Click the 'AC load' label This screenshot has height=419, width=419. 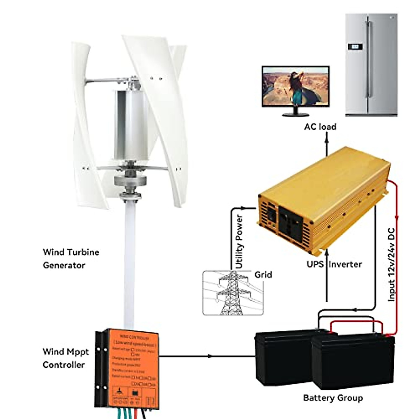(320, 126)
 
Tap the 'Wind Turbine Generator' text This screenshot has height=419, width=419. (71, 258)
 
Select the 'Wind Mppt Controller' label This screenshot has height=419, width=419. (66, 358)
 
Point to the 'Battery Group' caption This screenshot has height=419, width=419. (333, 398)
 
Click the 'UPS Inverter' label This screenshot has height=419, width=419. (334, 264)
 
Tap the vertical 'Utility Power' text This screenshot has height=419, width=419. (239, 242)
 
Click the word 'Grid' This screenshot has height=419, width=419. (263, 274)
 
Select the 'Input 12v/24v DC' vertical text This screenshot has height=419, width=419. (392, 264)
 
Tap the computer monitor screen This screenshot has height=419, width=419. (295, 86)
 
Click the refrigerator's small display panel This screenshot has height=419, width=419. (354, 46)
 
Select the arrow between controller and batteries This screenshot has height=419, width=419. (209, 356)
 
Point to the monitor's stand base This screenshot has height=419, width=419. (295, 114)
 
